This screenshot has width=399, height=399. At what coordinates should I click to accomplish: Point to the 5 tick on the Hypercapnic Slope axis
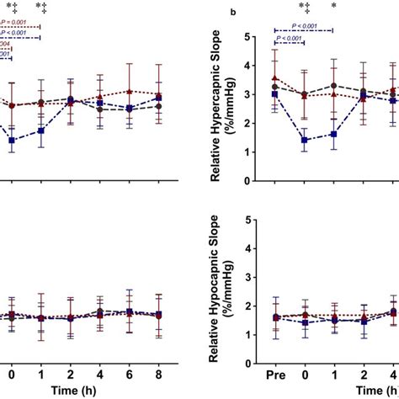pos(247,37)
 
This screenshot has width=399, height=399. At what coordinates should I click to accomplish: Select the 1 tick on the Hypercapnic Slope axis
pos(247,152)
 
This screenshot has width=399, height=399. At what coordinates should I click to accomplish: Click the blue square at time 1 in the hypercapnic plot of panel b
pos(334,134)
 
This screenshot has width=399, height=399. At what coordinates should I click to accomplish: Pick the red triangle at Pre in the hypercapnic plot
pos(274,78)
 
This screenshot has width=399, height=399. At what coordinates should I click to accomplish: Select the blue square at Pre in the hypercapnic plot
pos(274,94)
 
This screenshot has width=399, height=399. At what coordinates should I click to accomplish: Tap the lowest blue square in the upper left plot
pos(12,141)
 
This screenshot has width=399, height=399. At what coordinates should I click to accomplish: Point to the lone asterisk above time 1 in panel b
pos(334,7)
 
